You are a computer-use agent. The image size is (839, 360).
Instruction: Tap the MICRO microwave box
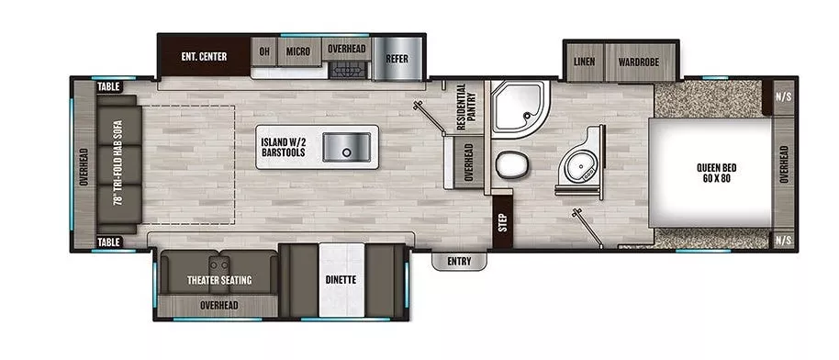(x=297, y=52)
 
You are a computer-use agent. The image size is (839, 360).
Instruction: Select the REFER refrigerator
(x=397, y=58)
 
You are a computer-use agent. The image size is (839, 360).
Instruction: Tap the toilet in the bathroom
(x=510, y=166)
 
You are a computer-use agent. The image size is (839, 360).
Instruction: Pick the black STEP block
(x=501, y=221)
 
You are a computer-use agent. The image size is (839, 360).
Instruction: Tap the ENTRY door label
(x=459, y=262)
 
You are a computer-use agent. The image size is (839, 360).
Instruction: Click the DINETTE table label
(x=341, y=278)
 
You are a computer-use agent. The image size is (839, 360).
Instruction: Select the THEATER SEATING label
(x=219, y=280)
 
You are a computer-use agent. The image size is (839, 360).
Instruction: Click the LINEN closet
(x=584, y=62)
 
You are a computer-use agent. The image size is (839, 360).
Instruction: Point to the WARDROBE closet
(x=640, y=62)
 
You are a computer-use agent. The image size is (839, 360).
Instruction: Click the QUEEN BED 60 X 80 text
(x=717, y=173)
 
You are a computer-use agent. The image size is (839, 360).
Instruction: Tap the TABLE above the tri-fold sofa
(x=109, y=87)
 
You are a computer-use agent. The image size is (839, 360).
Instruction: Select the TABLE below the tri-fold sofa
(x=109, y=242)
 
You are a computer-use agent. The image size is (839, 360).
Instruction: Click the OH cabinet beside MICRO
(x=264, y=52)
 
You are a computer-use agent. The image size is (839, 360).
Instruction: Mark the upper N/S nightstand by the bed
(x=782, y=96)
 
